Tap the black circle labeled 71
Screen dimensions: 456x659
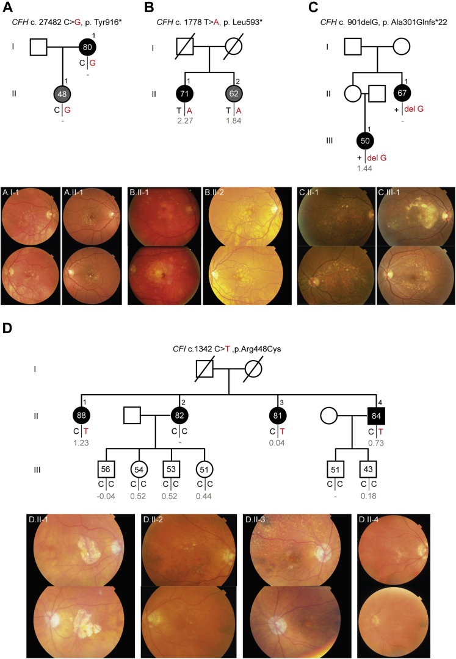point(186,95)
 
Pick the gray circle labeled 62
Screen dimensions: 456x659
point(234,95)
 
